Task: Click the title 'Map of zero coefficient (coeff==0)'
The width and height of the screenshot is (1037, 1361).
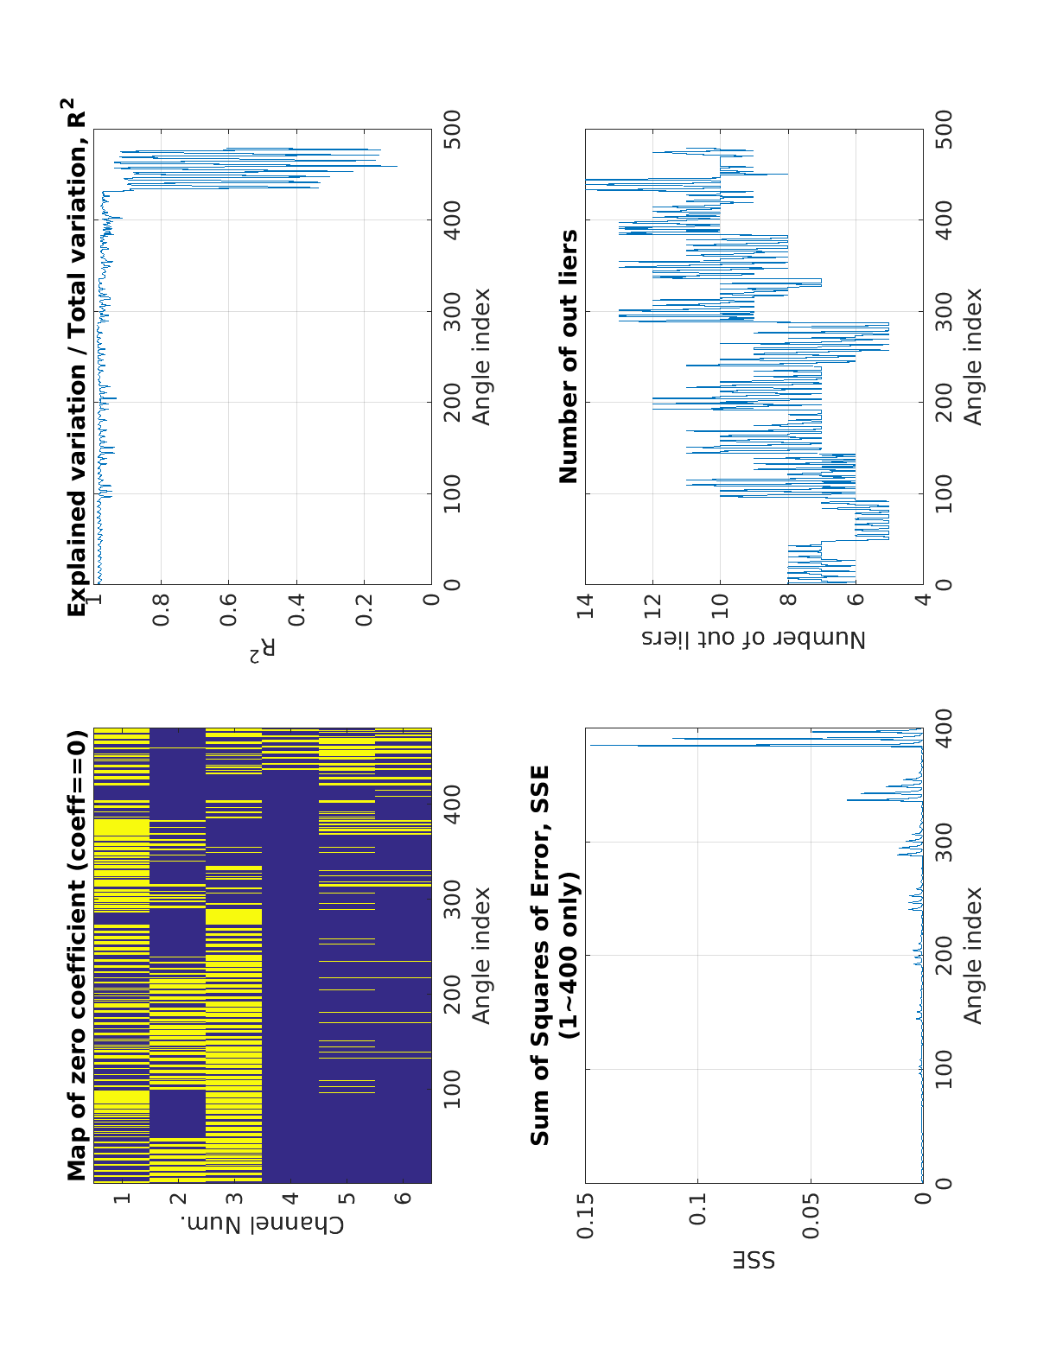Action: (x=78, y=956)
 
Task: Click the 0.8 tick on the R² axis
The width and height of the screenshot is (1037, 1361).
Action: (x=161, y=611)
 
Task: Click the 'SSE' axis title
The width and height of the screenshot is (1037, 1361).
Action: (x=754, y=1259)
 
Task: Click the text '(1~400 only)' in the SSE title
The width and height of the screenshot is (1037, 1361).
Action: (x=569, y=956)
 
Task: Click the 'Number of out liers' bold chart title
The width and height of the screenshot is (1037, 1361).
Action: (x=569, y=357)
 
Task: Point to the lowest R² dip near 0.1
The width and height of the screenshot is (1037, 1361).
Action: (x=396, y=166)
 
